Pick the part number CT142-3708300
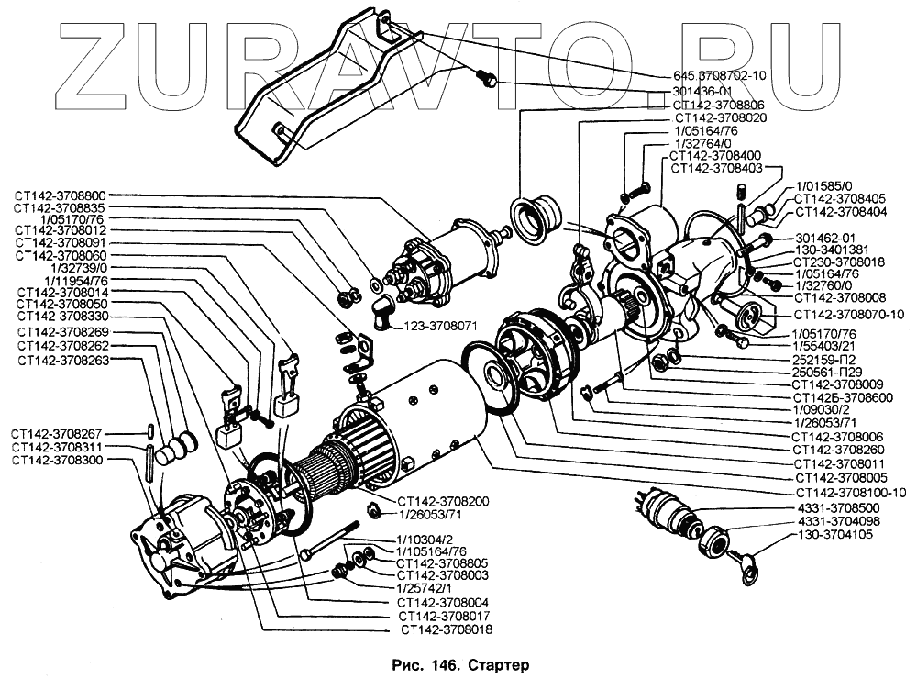point(60,459)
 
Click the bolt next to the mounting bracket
point(489,81)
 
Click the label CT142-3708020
point(721,118)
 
